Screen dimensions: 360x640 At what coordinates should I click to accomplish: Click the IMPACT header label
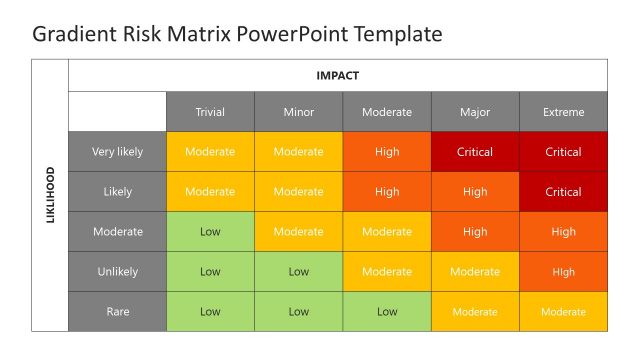(337, 75)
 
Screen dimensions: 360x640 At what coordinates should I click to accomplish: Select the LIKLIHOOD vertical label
(51, 195)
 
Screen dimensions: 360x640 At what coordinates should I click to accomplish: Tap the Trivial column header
(210, 112)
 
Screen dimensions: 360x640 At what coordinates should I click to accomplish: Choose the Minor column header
(298, 112)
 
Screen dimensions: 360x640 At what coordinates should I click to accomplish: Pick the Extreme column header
(563, 112)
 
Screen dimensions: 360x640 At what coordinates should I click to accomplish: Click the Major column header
(475, 112)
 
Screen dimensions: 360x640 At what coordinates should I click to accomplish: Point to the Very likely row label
(117, 152)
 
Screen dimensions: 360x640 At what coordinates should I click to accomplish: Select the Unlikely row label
(117, 271)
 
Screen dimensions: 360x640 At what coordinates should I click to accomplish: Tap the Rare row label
(117, 311)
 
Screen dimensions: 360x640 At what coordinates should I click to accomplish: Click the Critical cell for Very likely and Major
(475, 152)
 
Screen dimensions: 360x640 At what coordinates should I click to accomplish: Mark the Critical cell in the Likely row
(563, 192)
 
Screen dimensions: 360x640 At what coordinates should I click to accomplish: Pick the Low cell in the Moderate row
(210, 231)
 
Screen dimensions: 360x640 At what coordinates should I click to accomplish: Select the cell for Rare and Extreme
(563, 311)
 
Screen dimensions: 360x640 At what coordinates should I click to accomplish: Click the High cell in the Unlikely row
(563, 271)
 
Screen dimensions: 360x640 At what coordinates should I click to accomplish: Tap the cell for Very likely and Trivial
(210, 152)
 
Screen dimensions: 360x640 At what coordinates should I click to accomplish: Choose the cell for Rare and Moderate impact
(387, 311)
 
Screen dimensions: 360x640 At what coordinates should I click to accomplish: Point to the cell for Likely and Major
(475, 192)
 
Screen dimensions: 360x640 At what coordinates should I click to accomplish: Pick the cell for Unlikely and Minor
(298, 271)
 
